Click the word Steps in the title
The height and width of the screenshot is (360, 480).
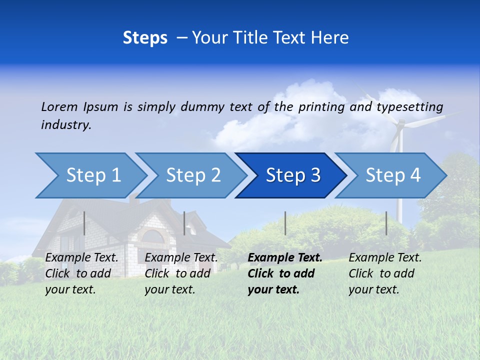(145, 38)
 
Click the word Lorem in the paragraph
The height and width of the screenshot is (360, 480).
(59, 106)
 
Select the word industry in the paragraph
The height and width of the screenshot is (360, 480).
(65, 124)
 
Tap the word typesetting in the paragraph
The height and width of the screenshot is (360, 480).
(409, 106)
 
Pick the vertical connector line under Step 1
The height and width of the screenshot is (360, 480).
(84, 223)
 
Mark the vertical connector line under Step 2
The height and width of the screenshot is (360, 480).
(184, 223)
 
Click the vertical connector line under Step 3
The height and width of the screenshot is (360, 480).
(285, 223)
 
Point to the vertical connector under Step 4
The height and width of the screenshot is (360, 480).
(386, 223)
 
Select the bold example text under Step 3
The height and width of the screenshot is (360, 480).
(284, 273)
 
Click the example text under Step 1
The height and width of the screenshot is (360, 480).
(81, 273)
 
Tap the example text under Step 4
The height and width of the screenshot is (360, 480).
(385, 273)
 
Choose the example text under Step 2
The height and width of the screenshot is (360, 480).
(181, 273)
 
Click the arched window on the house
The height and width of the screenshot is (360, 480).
(153, 236)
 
